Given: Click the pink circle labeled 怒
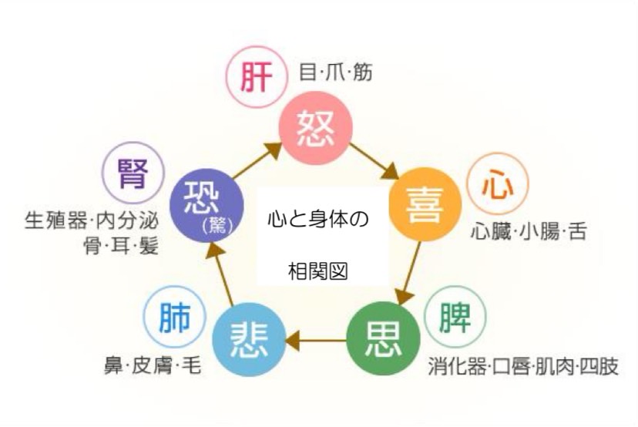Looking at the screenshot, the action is coord(315,127).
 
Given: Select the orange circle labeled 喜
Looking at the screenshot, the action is coord(425,204).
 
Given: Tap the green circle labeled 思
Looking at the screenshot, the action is coord(383,338).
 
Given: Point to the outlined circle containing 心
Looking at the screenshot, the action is coord(497,184).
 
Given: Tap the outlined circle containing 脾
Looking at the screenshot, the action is coord(455,317).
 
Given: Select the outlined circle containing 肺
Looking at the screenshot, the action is coord(175,316).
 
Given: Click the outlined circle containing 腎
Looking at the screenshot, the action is coord(133,173).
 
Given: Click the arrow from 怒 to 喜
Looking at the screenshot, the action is coord(374,161).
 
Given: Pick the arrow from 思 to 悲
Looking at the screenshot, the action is coord(316,340).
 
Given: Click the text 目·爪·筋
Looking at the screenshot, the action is coord(335,72).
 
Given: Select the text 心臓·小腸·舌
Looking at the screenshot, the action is coord(529,232).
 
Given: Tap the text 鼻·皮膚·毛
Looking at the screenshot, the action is coord(153,365).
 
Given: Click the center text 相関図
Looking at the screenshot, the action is coord(317,271).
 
